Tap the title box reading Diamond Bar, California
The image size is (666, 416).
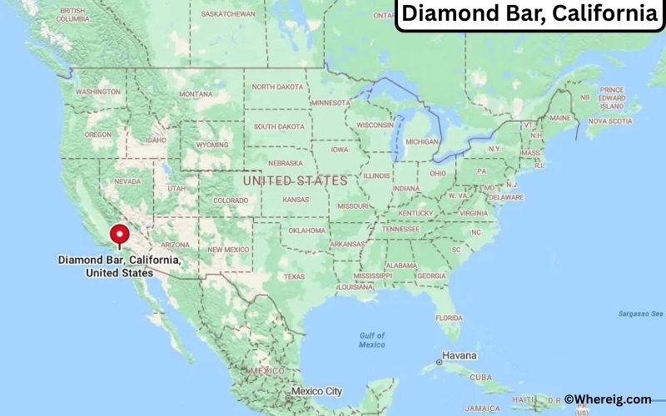(529, 14)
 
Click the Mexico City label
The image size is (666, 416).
(316, 390)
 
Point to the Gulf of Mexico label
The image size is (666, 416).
(371, 339)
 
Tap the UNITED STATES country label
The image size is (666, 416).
(294, 180)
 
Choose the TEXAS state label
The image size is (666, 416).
(294, 276)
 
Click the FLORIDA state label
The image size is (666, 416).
(449, 318)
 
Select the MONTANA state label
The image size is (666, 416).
(196, 94)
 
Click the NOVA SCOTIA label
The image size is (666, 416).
(611, 121)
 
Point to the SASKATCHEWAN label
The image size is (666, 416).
(228, 14)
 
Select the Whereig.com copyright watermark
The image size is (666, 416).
(607, 399)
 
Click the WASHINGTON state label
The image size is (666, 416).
(98, 92)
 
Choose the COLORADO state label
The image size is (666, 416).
(231, 201)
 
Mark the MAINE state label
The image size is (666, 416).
(559, 118)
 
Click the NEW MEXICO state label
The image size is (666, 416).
(228, 250)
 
